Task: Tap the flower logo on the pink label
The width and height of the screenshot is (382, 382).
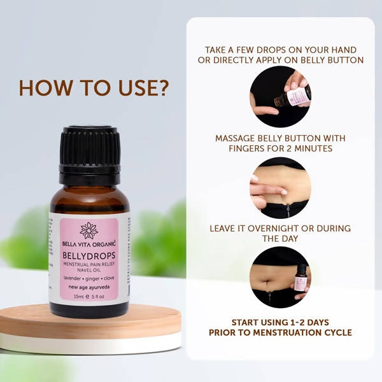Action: pos(89,230)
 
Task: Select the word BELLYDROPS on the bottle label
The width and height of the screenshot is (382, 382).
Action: pos(89,255)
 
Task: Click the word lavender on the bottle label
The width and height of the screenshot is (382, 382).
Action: pos(72,278)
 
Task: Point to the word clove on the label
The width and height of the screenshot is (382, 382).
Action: pos(109,278)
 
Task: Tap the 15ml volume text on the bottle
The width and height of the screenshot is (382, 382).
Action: pos(79,297)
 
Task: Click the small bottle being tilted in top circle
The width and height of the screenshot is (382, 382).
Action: pos(293,97)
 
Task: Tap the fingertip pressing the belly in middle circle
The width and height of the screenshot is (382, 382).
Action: pos(283,192)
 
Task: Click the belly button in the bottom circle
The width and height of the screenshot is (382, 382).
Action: pos(267,283)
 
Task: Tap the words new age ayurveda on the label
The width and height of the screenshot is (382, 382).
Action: pos(89,287)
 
